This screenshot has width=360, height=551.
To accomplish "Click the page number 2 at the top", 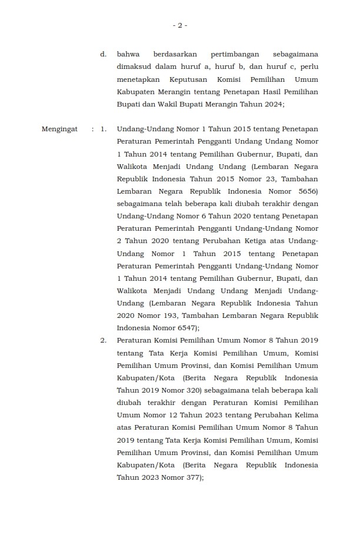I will click(x=180, y=25).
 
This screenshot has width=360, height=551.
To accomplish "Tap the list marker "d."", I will click(x=103, y=54).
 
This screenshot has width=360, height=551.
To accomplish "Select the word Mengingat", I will click(x=59, y=129).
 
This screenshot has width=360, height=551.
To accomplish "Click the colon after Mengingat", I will click(x=93, y=129).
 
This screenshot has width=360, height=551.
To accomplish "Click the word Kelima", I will click(x=304, y=415).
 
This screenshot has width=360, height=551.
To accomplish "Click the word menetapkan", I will click(x=137, y=79).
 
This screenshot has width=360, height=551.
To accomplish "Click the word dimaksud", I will click(x=134, y=67).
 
